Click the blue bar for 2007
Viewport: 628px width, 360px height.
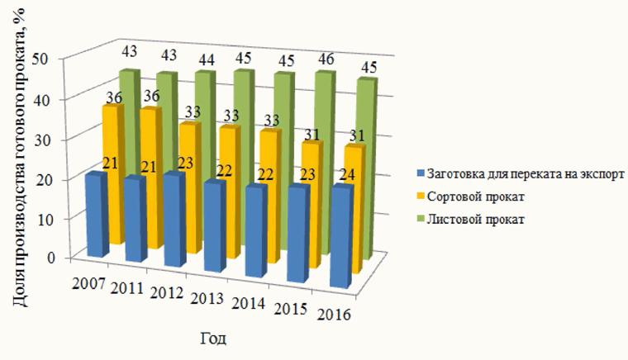coord(95,215)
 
